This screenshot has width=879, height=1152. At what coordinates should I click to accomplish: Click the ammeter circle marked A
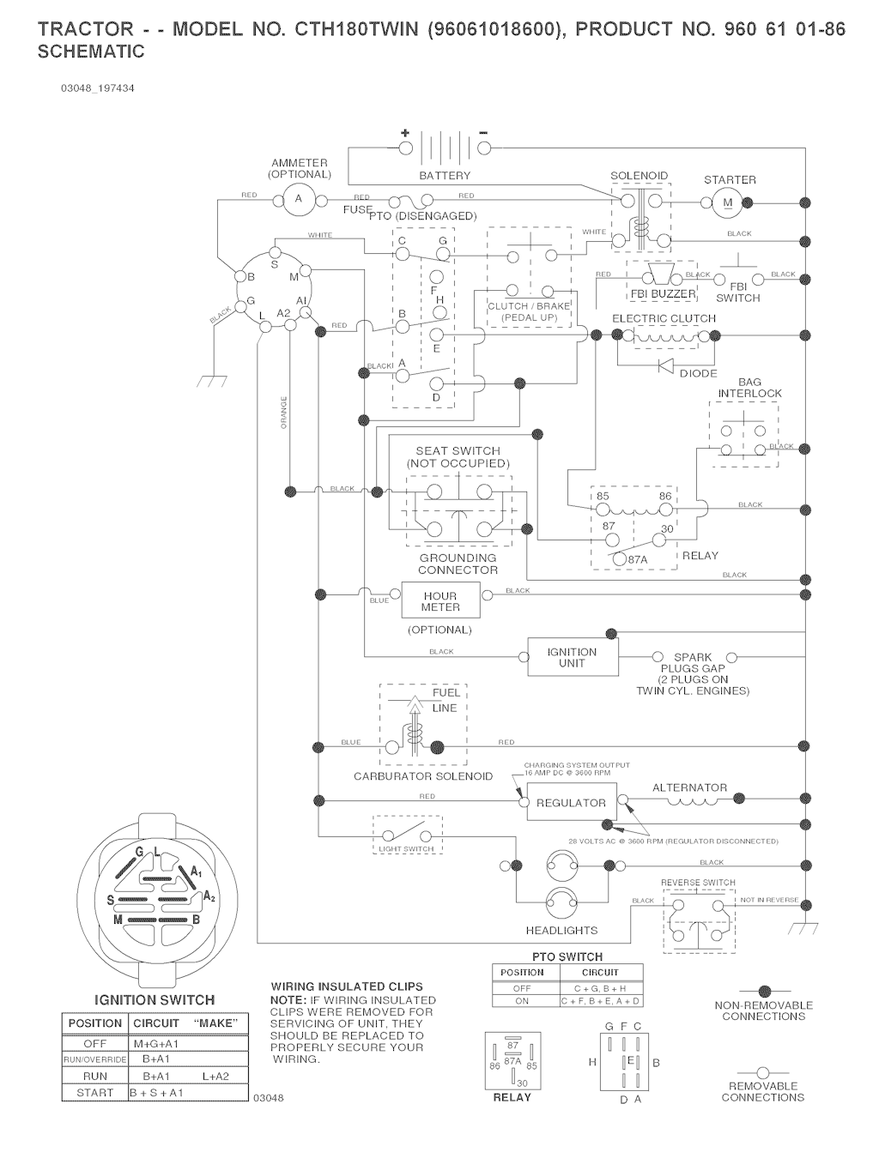pyautogui.click(x=299, y=200)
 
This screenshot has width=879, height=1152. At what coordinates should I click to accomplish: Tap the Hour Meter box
pyautogui.click(x=440, y=601)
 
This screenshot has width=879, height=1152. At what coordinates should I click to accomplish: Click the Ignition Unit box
pyautogui.click(x=572, y=657)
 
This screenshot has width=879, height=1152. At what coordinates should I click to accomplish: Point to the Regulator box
pyautogui.click(x=571, y=803)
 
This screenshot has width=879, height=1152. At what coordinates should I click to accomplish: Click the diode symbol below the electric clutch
pyautogui.click(x=664, y=364)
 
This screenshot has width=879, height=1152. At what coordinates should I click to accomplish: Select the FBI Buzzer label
pyautogui.click(x=663, y=294)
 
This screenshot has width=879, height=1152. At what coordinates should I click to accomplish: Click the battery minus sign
pyautogui.click(x=483, y=132)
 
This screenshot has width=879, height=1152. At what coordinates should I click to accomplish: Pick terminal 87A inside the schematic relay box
pyautogui.click(x=637, y=559)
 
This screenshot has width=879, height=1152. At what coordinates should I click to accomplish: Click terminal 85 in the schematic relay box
pyautogui.click(x=603, y=497)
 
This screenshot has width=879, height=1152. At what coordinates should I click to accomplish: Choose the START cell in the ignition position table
pyautogui.click(x=95, y=1093)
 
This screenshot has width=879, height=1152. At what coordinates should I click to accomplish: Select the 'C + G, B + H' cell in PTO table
pyautogui.click(x=600, y=988)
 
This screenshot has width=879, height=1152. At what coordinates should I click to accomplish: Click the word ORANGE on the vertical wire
pyautogui.click(x=284, y=413)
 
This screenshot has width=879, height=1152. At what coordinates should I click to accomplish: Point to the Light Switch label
pyautogui.click(x=407, y=849)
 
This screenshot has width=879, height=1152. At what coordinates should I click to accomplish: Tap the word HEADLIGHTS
pyautogui.click(x=561, y=930)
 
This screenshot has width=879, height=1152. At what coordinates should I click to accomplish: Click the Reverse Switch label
pyautogui.click(x=698, y=883)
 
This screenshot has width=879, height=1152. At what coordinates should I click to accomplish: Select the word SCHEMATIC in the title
pyautogui.click(x=92, y=51)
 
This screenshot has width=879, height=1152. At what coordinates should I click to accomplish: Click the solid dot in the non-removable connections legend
pyautogui.click(x=763, y=991)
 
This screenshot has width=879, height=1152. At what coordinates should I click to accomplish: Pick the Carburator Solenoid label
pyautogui.click(x=423, y=776)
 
